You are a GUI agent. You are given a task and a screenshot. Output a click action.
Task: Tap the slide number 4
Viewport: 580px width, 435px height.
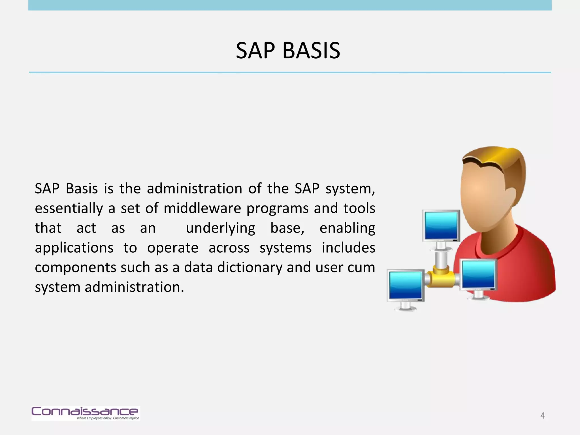click(x=542, y=415)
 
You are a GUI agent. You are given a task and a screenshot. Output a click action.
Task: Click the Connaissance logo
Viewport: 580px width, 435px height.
click(x=85, y=411)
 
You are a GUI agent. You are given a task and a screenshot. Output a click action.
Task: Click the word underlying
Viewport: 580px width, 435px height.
click(x=220, y=228)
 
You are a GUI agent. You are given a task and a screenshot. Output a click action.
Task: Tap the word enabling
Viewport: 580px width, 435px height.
click(x=347, y=228)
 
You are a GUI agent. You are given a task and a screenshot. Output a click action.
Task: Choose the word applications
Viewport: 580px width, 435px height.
click(x=74, y=248)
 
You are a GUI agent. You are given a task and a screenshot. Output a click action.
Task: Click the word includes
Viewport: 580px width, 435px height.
click(x=348, y=248)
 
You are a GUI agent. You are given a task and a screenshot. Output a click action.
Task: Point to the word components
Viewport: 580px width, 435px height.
click(x=75, y=267)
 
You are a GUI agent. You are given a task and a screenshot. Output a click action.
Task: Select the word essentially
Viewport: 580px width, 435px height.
click(x=69, y=209)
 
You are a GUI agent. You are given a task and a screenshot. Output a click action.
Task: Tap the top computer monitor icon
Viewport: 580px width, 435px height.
click(x=441, y=226)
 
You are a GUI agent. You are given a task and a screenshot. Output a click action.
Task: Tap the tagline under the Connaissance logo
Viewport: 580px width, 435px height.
click(x=108, y=418)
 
